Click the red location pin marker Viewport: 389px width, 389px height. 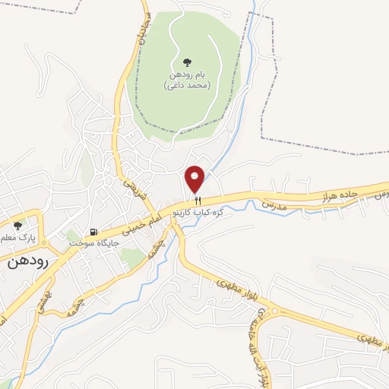click(x=196, y=179)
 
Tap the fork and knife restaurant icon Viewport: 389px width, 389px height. click(x=198, y=201)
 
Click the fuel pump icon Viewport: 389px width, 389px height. click(x=93, y=232)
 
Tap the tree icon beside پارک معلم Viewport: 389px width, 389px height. click(x=18, y=225)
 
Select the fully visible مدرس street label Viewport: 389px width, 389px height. click(x=273, y=206)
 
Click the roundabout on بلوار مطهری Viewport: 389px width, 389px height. click(x=276, y=311)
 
